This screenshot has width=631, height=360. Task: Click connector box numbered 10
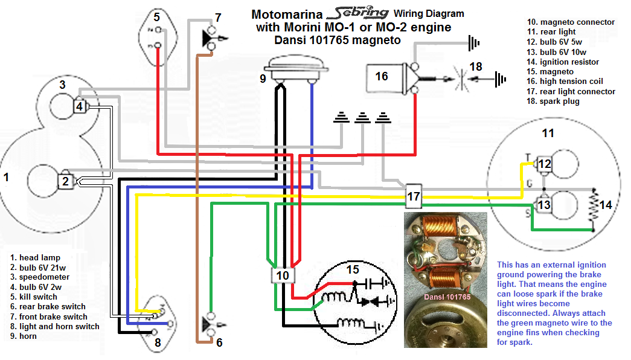pos(283,275)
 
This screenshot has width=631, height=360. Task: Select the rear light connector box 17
pos(413,196)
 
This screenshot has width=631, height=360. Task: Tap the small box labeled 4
pos(80,107)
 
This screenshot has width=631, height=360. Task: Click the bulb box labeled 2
pos(66,180)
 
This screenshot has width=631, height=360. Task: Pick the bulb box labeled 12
pos(544,164)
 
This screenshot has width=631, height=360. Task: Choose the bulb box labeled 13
pos(544,205)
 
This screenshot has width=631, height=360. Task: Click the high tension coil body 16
pos(383,77)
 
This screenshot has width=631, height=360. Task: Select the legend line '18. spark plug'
pos(553,101)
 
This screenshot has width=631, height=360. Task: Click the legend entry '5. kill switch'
pos(38,297)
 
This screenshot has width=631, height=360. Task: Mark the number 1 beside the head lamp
pos(7,178)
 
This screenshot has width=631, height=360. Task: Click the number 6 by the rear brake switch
pos(219,342)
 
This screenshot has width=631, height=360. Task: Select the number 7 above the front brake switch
pos(218,18)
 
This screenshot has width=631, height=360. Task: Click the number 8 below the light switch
pos(158,343)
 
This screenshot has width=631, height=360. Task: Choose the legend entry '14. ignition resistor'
pos(562,62)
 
